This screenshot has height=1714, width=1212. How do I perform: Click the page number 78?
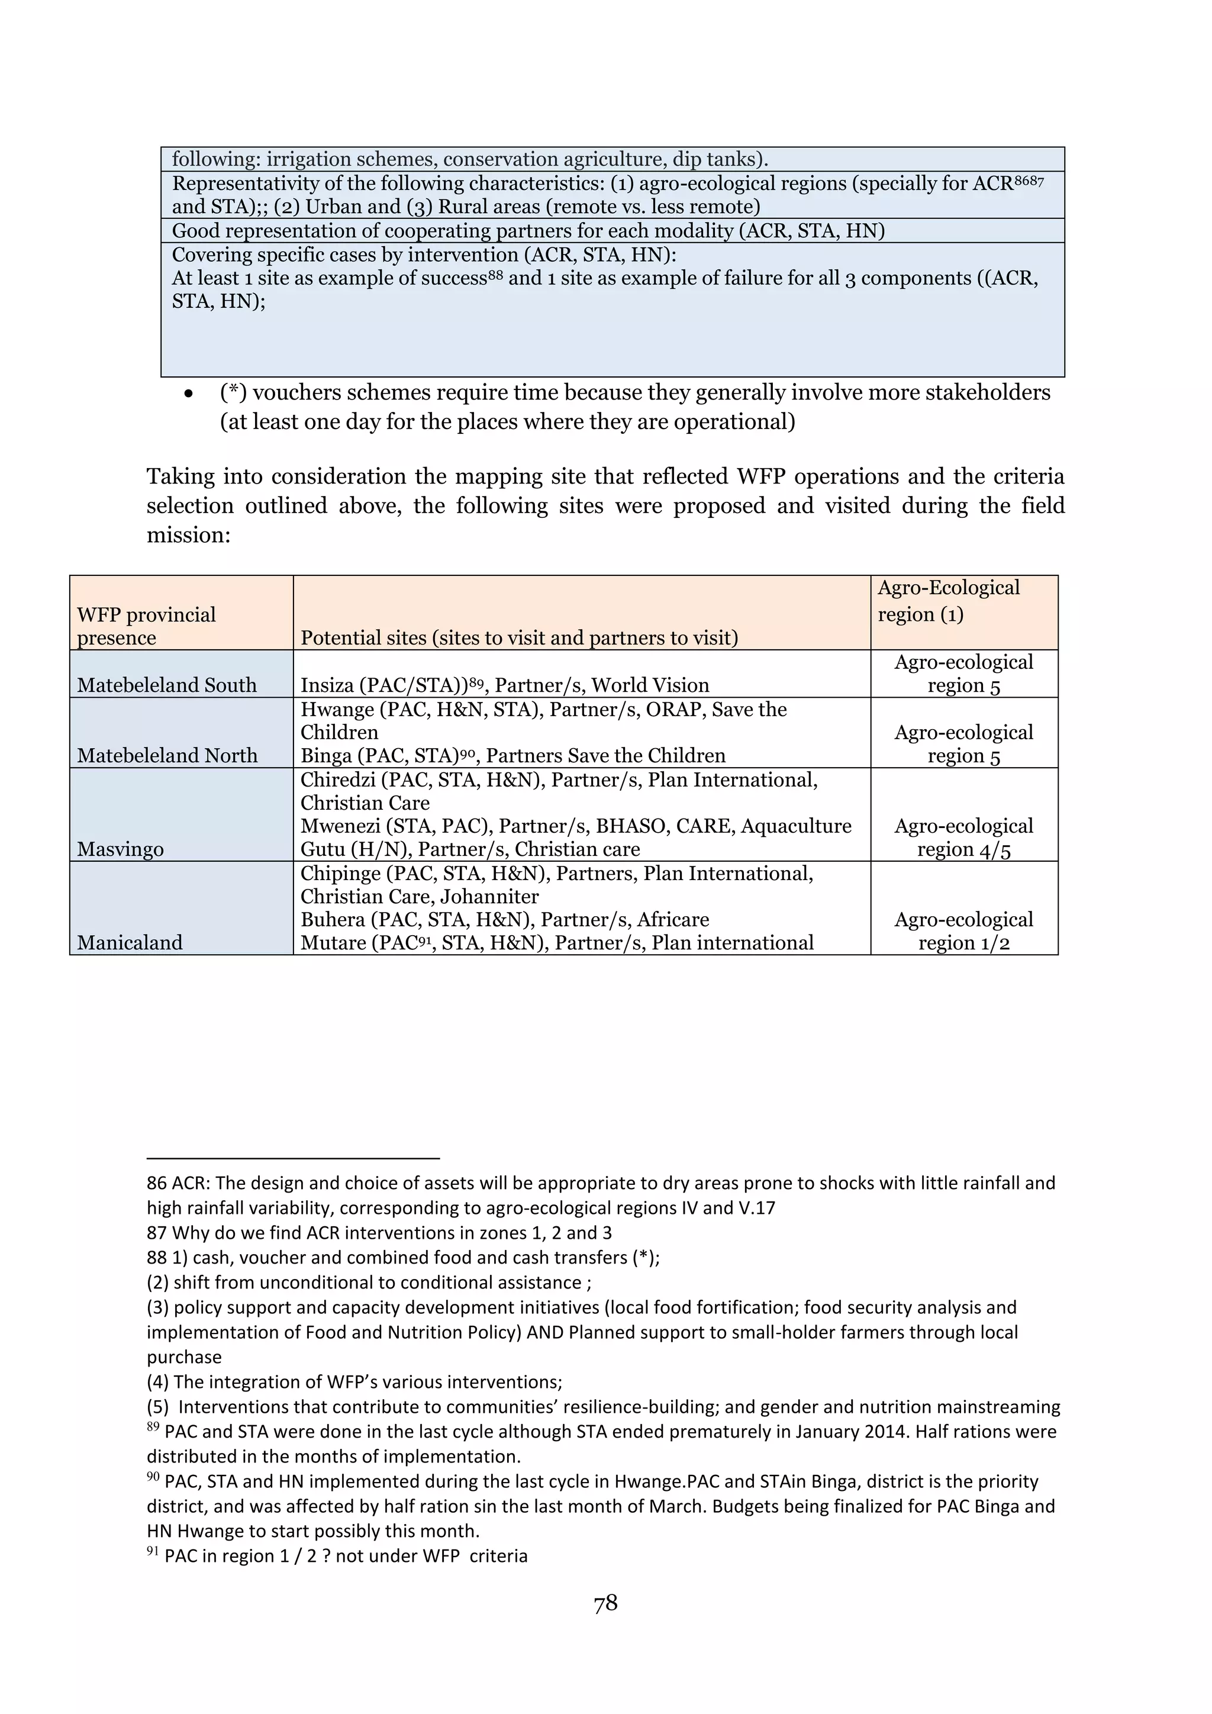pyautogui.click(x=605, y=1603)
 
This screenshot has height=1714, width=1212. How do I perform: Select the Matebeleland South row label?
pyautogui.click(x=166, y=685)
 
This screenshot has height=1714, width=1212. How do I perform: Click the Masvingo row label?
pyautogui.click(x=120, y=849)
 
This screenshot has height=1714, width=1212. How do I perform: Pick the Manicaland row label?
pyautogui.click(x=129, y=942)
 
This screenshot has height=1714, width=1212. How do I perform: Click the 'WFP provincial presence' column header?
pyautogui.click(x=146, y=626)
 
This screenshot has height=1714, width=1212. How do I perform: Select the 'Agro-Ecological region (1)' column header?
pyautogui.click(x=948, y=601)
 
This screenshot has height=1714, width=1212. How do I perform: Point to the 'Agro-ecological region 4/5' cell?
pyautogui.click(x=963, y=837)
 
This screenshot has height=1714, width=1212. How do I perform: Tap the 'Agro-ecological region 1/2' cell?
pyautogui.click(x=963, y=931)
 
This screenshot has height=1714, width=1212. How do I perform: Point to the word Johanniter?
pyautogui.click(x=489, y=896)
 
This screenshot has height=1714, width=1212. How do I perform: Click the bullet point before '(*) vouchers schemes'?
pyautogui.click(x=189, y=394)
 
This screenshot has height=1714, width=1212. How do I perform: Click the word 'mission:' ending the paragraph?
pyautogui.click(x=189, y=534)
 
